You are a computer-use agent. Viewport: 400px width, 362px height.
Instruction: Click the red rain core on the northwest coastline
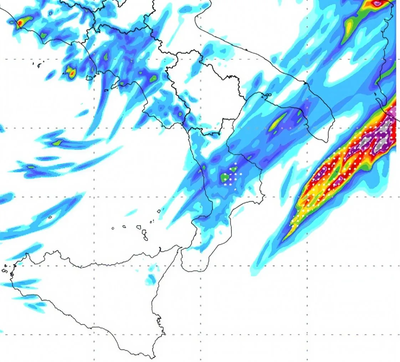tap(20, 24)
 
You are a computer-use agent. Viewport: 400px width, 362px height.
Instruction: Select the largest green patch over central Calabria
tap(225, 177)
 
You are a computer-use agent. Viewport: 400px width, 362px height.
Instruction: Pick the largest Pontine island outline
tap(38, 65)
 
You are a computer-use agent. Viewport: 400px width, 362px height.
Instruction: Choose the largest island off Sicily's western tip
tap(5, 270)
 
